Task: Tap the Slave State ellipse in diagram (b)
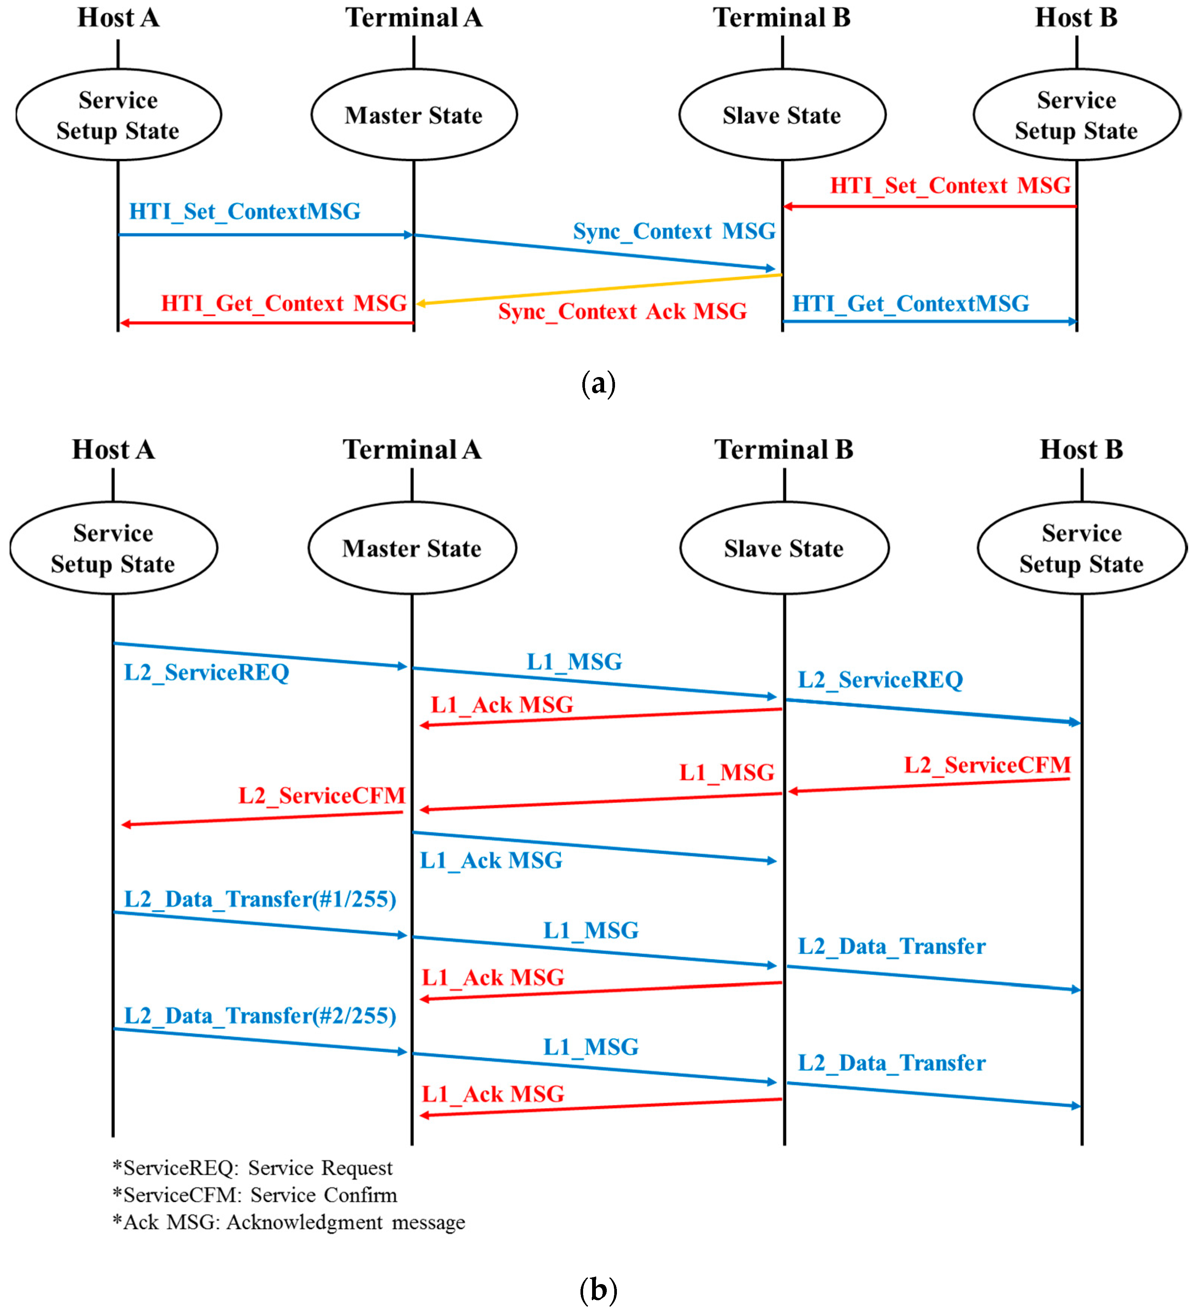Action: pos(785,548)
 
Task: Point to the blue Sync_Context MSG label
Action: pos(675,231)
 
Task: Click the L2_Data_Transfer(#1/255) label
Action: pos(261,899)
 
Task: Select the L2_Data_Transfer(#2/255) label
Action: pos(261,1016)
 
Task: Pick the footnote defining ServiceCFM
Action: pos(255,1195)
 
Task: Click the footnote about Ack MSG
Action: pos(289,1222)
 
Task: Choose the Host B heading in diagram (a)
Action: pos(1076,18)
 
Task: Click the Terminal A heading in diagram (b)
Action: pos(412,450)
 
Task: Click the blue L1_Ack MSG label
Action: pos(491,861)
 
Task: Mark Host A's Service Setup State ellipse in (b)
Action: pos(113,548)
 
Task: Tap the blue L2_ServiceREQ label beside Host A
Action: pos(207,673)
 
